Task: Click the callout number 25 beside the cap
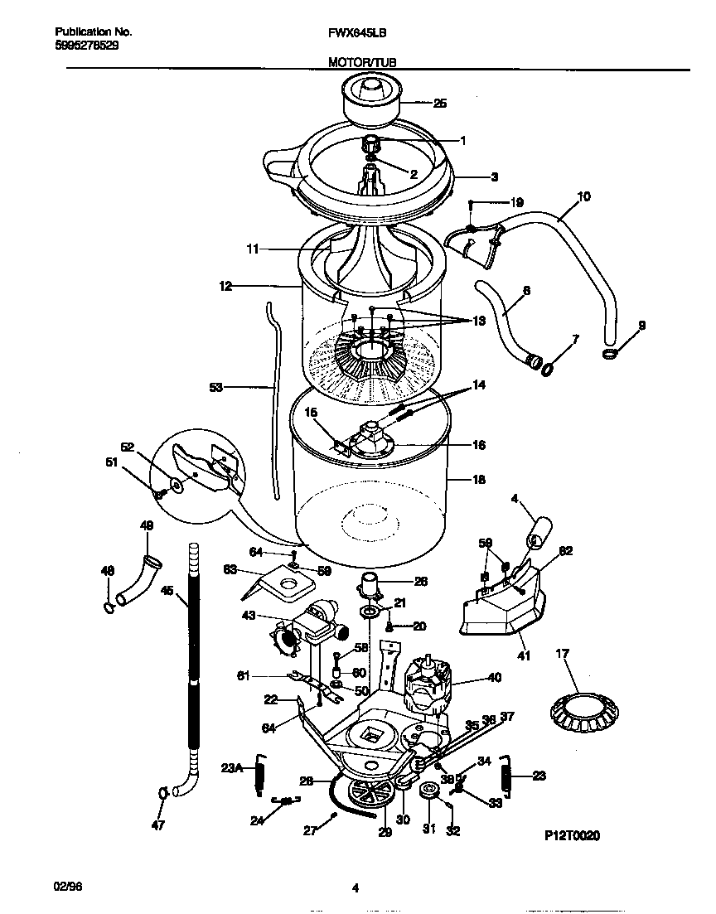pos(440,104)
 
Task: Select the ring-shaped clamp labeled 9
pos(611,354)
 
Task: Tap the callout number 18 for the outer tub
pos(478,480)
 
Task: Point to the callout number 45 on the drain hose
pos(167,591)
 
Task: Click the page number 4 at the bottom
pos(355,889)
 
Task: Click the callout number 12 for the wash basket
pos(225,286)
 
